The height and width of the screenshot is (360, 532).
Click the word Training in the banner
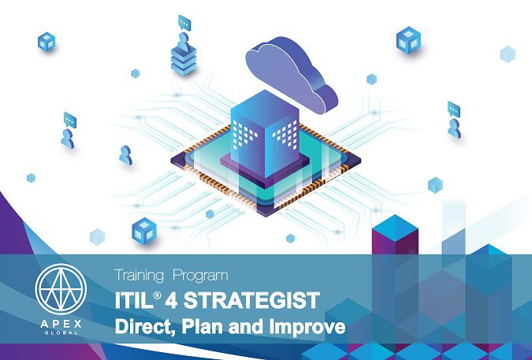pos(139,276)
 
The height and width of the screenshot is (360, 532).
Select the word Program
pos(200,276)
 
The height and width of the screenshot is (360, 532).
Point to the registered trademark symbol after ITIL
pos(157,295)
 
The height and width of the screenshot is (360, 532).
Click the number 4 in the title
pos(171,300)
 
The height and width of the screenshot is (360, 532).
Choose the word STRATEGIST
pos(251,300)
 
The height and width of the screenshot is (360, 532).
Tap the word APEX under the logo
pos(61,324)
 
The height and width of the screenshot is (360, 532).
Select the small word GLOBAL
pos(61,333)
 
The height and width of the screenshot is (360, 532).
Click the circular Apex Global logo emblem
pos(61,289)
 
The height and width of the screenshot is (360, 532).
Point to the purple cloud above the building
pos(291,76)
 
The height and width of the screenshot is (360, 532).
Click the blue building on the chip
pos(265,135)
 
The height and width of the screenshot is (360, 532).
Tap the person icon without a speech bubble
pos(125,155)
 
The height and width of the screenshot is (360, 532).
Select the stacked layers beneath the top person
pos(184,61)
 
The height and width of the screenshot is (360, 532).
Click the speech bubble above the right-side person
pos(454,109)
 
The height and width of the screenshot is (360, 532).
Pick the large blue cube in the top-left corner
pos(47,42)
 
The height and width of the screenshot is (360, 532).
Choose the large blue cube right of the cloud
pos(408,39)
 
